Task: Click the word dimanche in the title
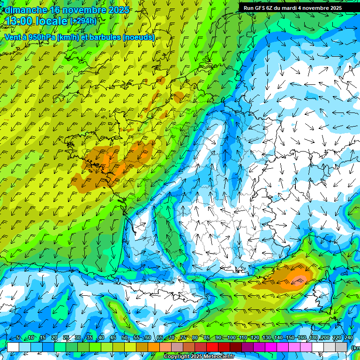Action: (x=26, y=9)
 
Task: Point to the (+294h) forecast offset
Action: (x=83, y=21)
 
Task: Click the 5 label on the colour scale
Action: (x=17, y=338)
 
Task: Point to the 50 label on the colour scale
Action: (x=124, y=338)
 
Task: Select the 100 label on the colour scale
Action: (x=231, y=338)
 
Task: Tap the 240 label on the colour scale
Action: (x=349, y=338)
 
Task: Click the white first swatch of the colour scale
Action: (x=13, y=347)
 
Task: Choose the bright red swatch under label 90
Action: (x=212, y=347)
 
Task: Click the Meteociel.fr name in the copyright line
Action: (x=218, y=357)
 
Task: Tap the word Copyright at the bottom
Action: (x=176, y=357)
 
